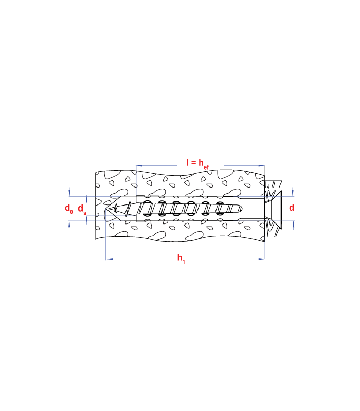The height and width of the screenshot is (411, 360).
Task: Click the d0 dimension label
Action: [x=69, y=209]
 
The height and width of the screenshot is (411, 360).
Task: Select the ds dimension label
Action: [x=82, y=210]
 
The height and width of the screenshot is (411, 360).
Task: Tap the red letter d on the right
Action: [x=292, y=208]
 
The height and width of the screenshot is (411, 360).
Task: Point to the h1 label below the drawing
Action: [x=181, y=259]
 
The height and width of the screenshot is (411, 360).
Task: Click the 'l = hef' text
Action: [x=197, y=163]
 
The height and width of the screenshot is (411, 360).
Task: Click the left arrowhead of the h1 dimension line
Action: [x=109, y=259]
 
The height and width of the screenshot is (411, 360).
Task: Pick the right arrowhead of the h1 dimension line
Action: [x=261, y=259]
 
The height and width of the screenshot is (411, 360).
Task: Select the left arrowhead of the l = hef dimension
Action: [x=139, y=165]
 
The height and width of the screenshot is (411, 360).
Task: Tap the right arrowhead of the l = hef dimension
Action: [x=261, y=165]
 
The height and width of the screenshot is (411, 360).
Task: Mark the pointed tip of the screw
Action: [x=110, y=209]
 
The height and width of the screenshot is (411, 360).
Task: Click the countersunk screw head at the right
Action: [x=273, y=209]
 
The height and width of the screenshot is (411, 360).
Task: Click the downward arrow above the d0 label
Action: [x=69, y=192]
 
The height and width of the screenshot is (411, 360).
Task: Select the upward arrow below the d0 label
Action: [x=69, y=225]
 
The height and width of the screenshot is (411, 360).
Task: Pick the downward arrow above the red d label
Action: [x=293, y=192]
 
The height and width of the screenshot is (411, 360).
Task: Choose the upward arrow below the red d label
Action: [x=293, y=225]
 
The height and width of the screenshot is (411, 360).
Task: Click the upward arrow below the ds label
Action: [x=86, y=220]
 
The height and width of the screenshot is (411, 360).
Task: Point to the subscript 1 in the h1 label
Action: [x=184, y=262]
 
